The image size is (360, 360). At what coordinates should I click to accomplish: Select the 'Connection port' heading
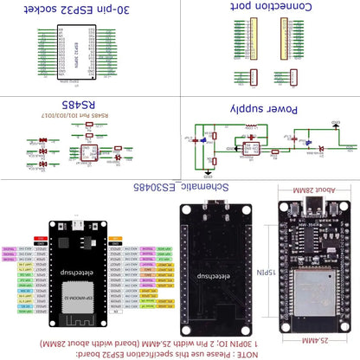(268, 10)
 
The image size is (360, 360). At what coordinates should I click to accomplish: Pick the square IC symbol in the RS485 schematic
(88, 152)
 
